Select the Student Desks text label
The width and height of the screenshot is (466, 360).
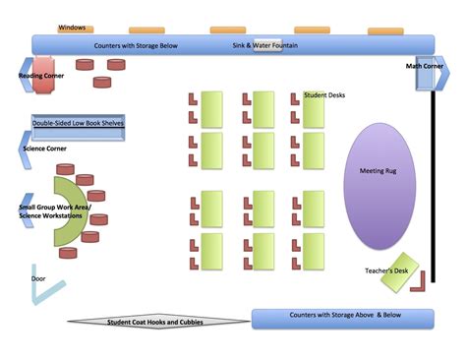[324, 95]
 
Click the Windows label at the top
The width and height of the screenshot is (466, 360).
[71, 28]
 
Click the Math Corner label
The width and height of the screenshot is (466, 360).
[425, 67]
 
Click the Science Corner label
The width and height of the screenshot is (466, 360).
[50, 149]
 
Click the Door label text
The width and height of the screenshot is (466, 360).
[37, 278]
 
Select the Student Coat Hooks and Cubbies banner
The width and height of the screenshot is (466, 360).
[156, 321]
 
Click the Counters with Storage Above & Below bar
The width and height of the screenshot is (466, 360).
[342, 318]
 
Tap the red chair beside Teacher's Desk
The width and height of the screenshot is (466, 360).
[419, 282]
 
